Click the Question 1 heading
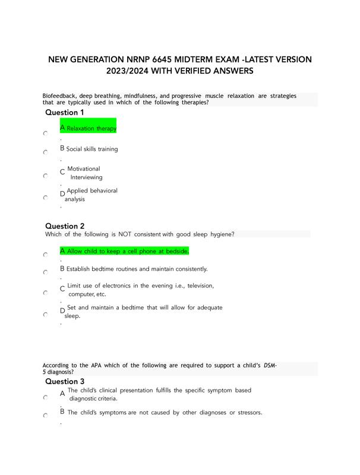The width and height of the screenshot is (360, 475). coord(65,112)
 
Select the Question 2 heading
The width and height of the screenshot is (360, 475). coord(65,226)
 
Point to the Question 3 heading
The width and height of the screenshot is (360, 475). coord(65,381)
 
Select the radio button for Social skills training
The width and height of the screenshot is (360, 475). coord(46,152)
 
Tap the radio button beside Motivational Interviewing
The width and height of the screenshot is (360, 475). coord(46,176)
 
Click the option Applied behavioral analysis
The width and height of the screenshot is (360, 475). coord(91,195)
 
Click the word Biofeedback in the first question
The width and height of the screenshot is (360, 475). coord(59,96)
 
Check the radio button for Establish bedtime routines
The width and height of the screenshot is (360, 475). coord(46,272)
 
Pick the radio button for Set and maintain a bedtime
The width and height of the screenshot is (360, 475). coord(46,315)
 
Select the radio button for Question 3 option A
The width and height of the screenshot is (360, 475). coord(46,397)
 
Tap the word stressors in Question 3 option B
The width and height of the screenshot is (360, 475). coord(248,412)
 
